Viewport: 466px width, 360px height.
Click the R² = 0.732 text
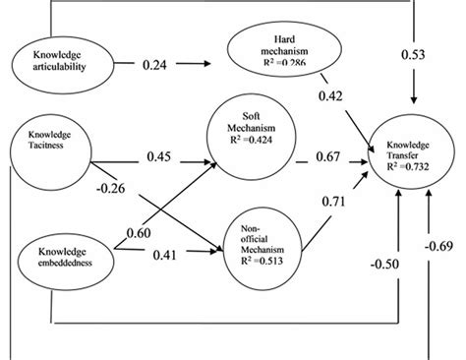(x=410, y=168)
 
